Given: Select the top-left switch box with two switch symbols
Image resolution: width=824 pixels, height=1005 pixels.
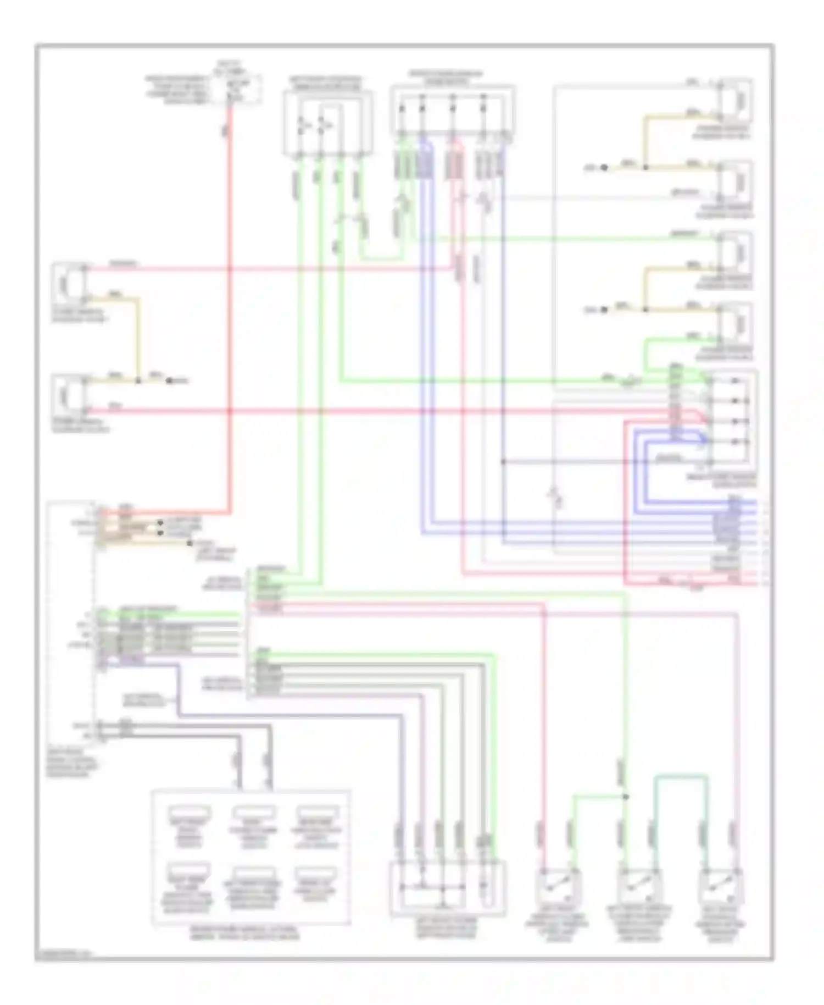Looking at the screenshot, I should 327,123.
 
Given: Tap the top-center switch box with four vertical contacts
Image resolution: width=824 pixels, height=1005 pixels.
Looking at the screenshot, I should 452,110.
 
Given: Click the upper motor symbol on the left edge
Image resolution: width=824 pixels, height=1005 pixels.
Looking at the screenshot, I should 68,284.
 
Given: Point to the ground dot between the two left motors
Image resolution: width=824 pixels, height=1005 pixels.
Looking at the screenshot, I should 169,380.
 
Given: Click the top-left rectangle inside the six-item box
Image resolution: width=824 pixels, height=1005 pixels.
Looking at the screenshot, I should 189,813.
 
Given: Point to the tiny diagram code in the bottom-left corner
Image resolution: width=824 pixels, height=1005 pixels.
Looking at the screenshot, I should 62,954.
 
